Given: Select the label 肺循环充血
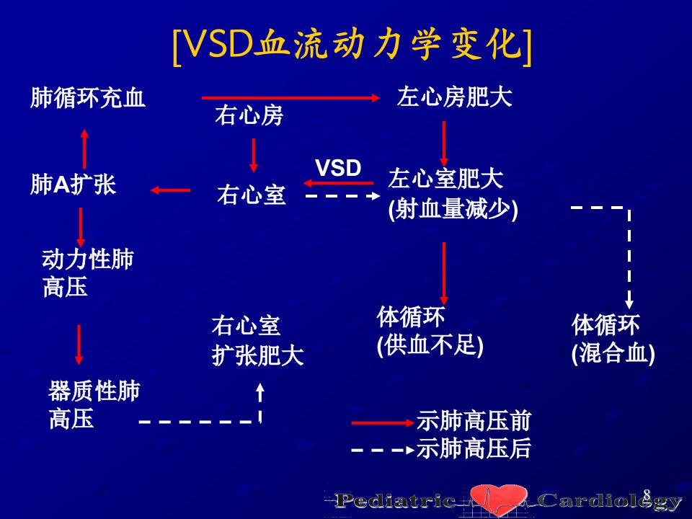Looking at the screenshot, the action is pos(88,97).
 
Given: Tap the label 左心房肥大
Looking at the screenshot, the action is pos(455,97).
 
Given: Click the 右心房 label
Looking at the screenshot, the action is pos(249,115).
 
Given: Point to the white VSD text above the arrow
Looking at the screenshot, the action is pos(338,168).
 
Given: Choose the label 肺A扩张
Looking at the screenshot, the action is pos(74,184).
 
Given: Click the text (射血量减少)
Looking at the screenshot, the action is pos(453,209).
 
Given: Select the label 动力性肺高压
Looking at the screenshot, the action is pos(87,273).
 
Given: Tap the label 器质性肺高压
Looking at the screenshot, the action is pos(94,404).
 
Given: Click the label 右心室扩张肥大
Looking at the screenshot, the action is pos(258,340).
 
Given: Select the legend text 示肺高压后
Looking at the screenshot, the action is pos(474,448).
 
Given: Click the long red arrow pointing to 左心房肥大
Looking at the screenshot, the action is pos(290,97).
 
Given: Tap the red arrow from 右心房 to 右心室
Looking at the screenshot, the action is pos(253,156).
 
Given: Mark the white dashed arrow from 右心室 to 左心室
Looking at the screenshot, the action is pos(343,195).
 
